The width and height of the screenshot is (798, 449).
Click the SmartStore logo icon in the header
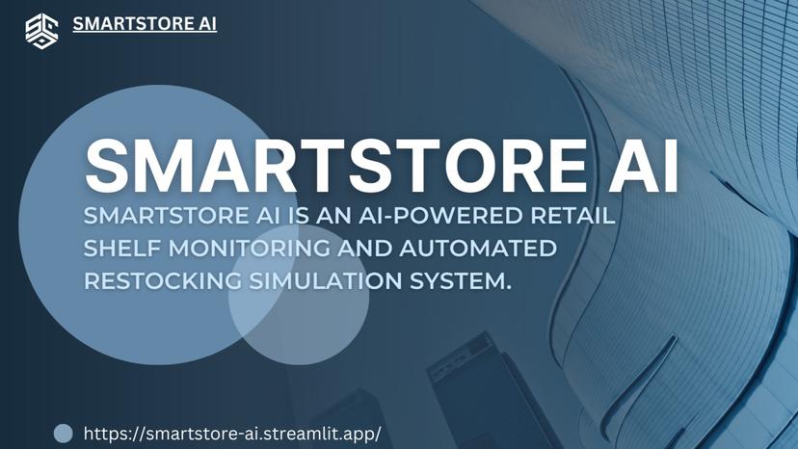41,30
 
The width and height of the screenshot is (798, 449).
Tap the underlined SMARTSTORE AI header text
145,24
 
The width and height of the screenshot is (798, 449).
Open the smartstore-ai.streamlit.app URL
232,433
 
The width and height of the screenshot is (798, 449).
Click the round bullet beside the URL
63,433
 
